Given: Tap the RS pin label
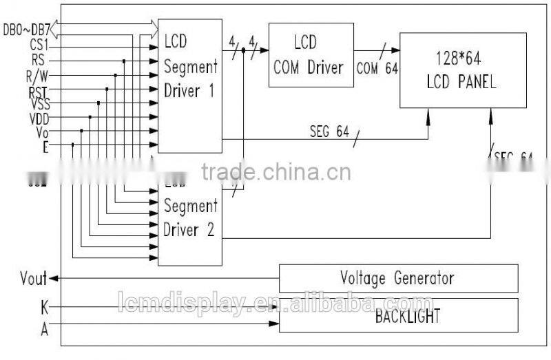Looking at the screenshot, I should coord(39,60).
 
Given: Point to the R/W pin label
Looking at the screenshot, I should coord(37,74).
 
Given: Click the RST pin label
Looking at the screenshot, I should coord(38,89).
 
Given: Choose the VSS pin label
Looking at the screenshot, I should coord(39,103).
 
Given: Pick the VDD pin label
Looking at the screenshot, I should coord(39,118).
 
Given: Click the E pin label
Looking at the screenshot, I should coord(45,145).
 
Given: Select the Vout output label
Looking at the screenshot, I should coord(34,279).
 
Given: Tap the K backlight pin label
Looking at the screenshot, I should coord(45,307).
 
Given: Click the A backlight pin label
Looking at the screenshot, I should coord(45,329).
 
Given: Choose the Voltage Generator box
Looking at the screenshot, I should coord(398,278).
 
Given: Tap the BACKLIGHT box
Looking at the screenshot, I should coord(398,317).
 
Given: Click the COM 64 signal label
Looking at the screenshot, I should coord(377,68).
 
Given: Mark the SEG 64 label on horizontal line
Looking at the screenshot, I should coord(329,134).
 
